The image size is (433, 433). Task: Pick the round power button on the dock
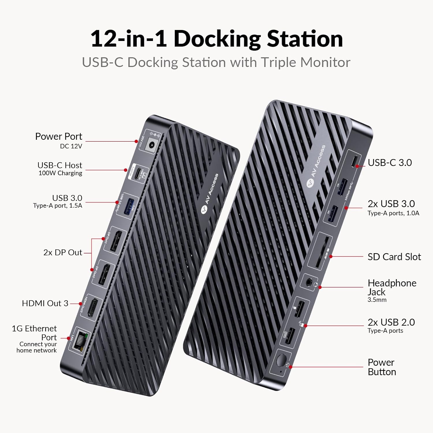pyautogui.click(x=280, y=361)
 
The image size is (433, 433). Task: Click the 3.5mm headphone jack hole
pyautogui.click(x=309, y=282)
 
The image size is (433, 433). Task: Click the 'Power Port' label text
pyautogui.click(x=59, y=136)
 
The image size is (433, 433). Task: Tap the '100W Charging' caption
pyautogui.click(x=60, y=173)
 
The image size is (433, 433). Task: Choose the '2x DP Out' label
pyautogui.click(x=63, y=252)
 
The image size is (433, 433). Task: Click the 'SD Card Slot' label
pyautogui.click(x=394, y=257)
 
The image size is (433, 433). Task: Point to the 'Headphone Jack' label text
pyautogui.click(x=392, y=287)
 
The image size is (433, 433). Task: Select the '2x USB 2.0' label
pyautogui.click(x=391, y=322)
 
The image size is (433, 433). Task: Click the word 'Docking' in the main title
pyautogui.click(x=217, y=39)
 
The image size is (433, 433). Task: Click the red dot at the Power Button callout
pyautogui.click(x=291, y=367)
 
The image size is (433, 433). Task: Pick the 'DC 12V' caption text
pyautogui.click(x=71, y=146)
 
